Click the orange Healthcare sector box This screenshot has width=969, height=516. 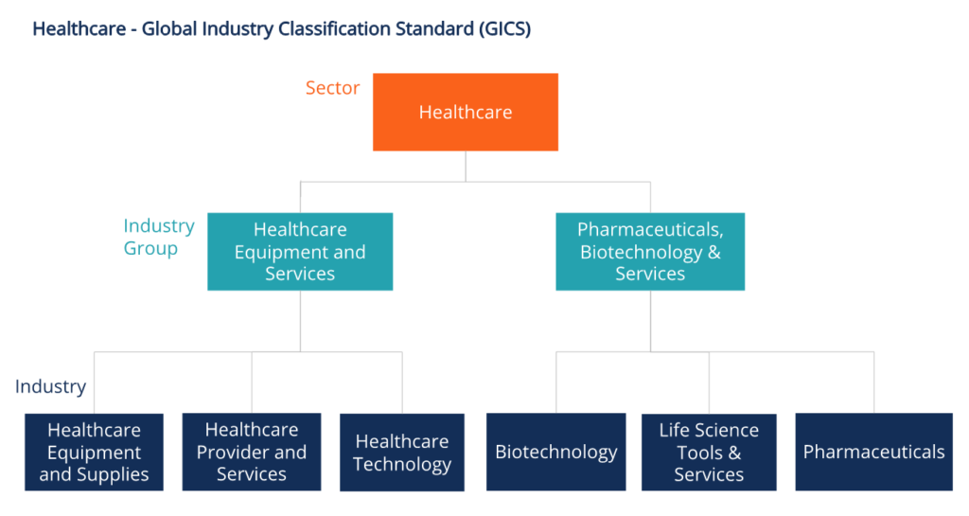[x=465, y=112]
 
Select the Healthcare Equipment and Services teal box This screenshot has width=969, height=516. [x=300, y=251]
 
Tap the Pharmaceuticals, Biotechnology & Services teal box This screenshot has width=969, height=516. [x=650, y=251]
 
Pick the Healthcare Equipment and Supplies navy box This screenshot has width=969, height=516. [x=94, y=452]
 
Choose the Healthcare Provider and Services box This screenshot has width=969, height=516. [x=252, y=452]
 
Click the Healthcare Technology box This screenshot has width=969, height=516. [x=402, y=452]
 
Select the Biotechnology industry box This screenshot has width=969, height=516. [x=556, y=452]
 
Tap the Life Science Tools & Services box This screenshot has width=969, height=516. [x=709, y=452]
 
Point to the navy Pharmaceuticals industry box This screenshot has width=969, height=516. [x=873, y=452]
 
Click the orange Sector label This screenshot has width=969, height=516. [x=332, y=88]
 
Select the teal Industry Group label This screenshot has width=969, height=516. [x=158, y=237]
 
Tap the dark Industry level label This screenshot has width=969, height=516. [x=50, y=386]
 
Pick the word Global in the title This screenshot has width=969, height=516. [x=168, y=29]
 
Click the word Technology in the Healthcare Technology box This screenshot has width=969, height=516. [x=402, y=464]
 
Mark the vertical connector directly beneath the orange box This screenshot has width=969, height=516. [x=465, y=166]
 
